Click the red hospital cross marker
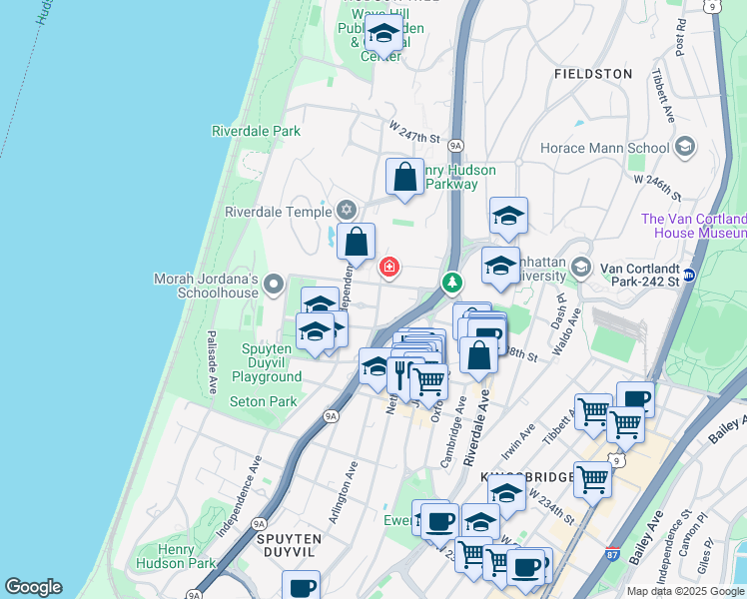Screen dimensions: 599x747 click(389, 268)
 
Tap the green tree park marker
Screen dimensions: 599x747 click(452, 285)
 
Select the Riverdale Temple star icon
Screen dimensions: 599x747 click(347, 210)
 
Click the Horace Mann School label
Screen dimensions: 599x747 click(618, 149)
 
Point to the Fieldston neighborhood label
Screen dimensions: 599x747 click(593, 74)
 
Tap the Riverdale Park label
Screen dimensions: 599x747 click(256, 131)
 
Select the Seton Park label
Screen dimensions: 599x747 click(264, 401)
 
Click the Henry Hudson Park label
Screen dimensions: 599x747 click(187, 556)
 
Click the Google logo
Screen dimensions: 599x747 click(33, 587)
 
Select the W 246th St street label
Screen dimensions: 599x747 click(655, 184)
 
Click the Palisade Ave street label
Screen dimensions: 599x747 click(212, 360)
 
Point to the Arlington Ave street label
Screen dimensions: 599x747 click(344, 492)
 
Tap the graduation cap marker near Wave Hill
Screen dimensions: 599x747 click(383, 33)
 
